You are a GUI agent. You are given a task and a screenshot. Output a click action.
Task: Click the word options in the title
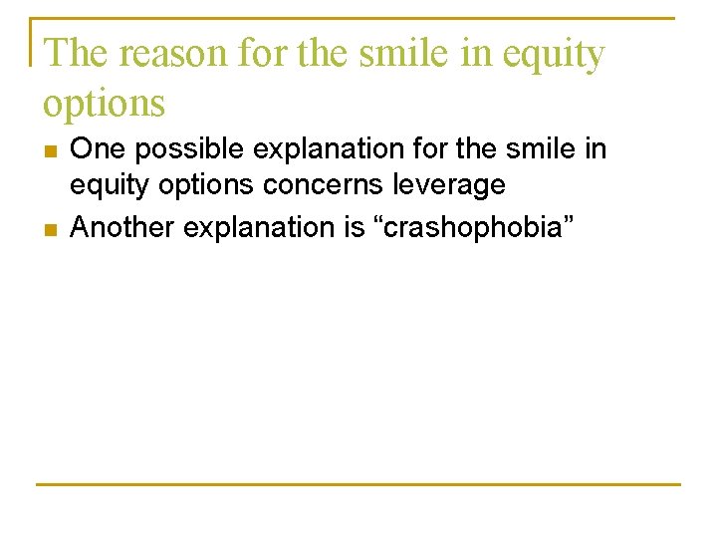pyautogui.click(x=104, y=104)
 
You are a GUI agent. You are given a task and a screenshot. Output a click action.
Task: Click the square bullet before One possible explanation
pyautogui.click(x=50, y=152)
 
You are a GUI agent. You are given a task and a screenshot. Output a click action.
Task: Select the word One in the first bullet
pyautogui.click(x=96, y=150)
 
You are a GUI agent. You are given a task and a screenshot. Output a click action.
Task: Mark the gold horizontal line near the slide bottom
pyautogui.click(x=358, y=485)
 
